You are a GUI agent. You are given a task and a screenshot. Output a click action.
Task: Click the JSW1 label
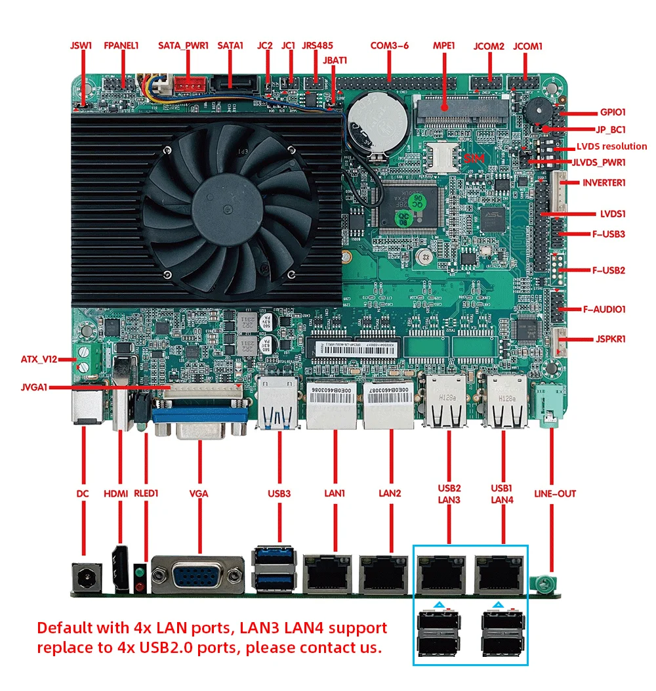[81, 46]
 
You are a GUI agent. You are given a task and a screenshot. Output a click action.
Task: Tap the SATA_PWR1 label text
[183, 46]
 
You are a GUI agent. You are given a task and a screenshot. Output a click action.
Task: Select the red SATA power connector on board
[190, 85]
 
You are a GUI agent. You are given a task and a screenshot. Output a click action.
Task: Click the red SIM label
[473, 159]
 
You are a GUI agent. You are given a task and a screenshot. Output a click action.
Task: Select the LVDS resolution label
[612, 146]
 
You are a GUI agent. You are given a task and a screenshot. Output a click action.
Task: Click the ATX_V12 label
[39, 359]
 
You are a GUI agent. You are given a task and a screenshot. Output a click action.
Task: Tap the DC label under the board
[83, 493]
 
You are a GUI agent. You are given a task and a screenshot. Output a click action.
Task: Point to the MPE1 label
[444, 46]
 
